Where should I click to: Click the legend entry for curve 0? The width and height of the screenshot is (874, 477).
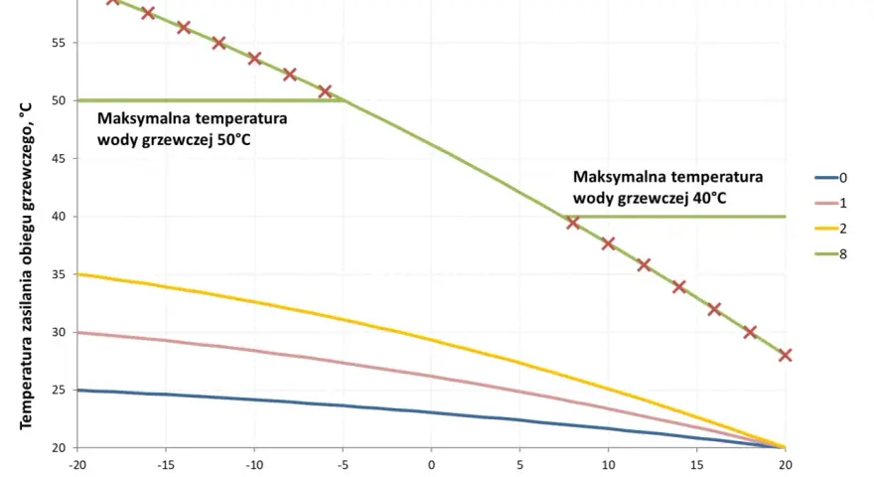coord(831,178)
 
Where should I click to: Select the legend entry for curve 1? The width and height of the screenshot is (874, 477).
coord(831,203)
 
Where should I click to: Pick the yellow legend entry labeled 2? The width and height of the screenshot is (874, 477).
coord(831,229)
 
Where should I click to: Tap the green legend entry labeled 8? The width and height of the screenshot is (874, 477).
coord(831,253)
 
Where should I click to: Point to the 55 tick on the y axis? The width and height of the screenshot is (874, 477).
coord(59,43)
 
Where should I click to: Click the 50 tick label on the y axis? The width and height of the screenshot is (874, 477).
coord(59,100)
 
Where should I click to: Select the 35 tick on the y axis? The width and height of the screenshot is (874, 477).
coord(59,274)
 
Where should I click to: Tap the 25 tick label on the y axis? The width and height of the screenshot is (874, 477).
coord(59,390)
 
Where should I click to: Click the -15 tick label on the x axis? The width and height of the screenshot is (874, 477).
coord(166,465)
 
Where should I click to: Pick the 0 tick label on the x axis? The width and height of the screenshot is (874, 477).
coord(431,465)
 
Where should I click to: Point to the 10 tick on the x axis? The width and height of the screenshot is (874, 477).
coord(608,465)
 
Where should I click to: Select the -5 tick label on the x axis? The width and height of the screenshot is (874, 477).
coord(343,465)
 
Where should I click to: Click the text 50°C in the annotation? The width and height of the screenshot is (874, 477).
coord(234,139)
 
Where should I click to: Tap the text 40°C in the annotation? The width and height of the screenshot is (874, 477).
coord(709,198)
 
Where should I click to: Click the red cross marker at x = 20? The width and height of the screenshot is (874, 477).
coord(786,355)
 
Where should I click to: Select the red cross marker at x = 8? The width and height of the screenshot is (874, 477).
coord(573,223)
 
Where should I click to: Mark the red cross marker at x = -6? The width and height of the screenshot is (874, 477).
coord(325,91)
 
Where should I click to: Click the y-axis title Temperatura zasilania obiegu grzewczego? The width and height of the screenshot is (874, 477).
coord(26,266)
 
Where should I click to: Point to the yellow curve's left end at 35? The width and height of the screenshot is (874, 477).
coord(77,274)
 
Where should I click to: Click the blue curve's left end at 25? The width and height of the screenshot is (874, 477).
coord(77,390)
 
